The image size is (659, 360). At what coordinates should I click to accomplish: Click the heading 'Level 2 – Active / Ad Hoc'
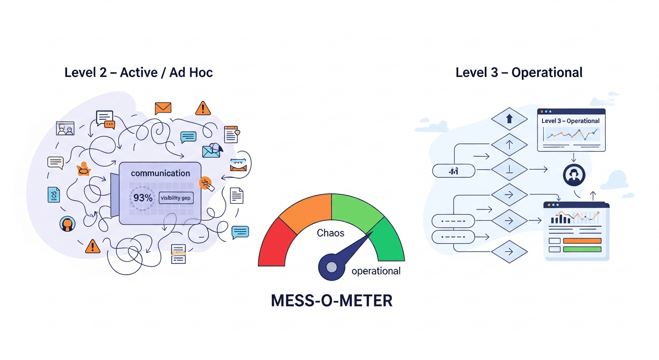tap(139, 73)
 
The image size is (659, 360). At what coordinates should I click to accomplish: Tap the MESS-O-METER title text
tap(331, 300)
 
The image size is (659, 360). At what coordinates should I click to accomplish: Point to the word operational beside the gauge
tap(376, 271)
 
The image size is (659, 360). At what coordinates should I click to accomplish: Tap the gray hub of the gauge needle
tap(331, 267)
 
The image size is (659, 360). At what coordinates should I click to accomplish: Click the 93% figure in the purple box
tap(142, 198)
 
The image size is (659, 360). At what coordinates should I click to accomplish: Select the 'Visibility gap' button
tap(176, 198)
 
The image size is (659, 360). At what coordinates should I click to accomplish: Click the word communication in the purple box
tap(161, 173)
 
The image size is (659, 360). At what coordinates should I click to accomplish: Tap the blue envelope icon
tap(211, 150)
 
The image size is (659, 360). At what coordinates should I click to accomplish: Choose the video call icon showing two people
tap(65, 128)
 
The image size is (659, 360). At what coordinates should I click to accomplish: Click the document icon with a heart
tap(231, 134)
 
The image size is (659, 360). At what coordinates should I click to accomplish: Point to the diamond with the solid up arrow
tap(510, 119)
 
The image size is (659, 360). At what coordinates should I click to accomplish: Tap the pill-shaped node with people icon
tap(454, 171)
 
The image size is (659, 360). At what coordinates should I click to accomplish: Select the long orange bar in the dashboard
tap(582, 240)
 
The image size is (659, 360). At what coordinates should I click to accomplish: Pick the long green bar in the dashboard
tap(582, 249)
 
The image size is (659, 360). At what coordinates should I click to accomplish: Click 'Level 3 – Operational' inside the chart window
tap(571, 121)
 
